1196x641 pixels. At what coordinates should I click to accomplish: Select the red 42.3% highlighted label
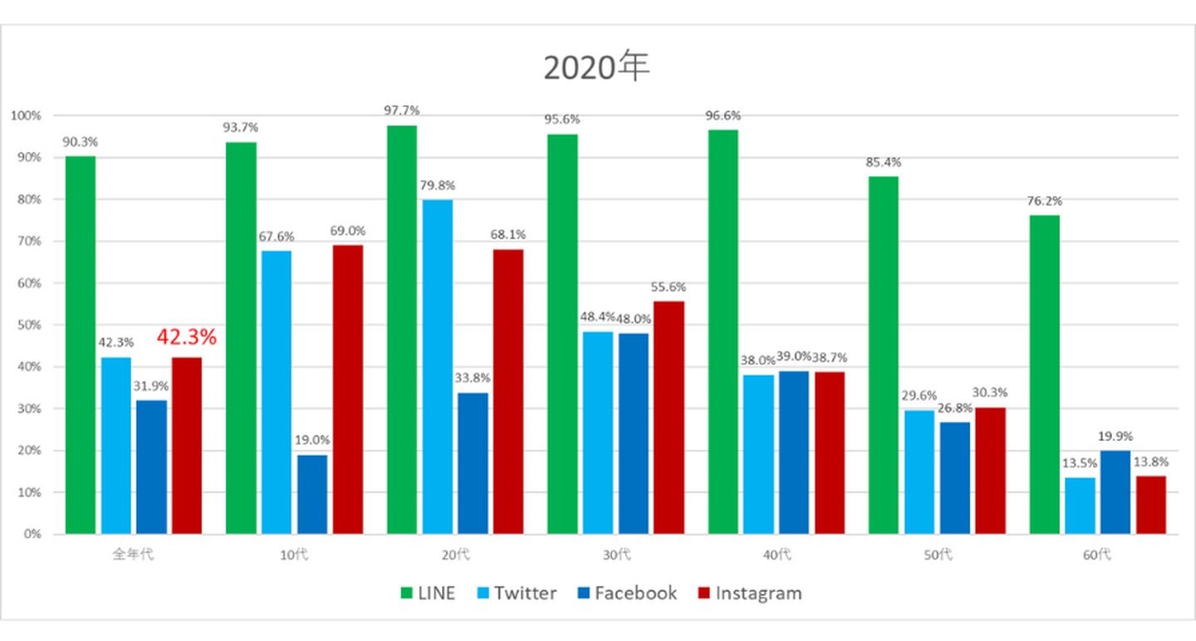[x=186, y=337]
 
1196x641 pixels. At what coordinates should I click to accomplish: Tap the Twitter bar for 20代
[x=438, y=366]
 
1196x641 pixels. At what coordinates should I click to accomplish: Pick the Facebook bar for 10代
[x=312, y=494]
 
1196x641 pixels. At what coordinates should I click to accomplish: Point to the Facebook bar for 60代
[x=1115, y=492]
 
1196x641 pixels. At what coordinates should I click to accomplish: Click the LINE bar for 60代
[x=1044, y=374]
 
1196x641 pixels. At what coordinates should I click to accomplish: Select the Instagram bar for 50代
[x=990, y=470]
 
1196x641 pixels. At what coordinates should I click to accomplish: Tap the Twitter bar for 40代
[x=758, y=453]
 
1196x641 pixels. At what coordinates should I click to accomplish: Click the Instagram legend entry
[x=749, y=593]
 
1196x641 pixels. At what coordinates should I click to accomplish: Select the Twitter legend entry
[x=517, y=593]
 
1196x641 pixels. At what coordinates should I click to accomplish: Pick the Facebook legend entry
[x=626, y=593]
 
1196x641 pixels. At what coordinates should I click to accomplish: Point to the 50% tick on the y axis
[x=30, y=325]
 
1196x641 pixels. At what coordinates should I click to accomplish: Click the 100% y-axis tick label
[x=27, y=115]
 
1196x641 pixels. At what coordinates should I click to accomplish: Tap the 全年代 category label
[x=133, y=555]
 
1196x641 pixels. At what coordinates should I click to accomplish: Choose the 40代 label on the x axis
[x=776, y=555]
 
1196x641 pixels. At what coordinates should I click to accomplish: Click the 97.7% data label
[x=402, y=110]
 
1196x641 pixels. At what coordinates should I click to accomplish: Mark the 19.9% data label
[x=1115, y=436]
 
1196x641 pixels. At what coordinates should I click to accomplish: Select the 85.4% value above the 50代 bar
[x=883, y=162]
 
